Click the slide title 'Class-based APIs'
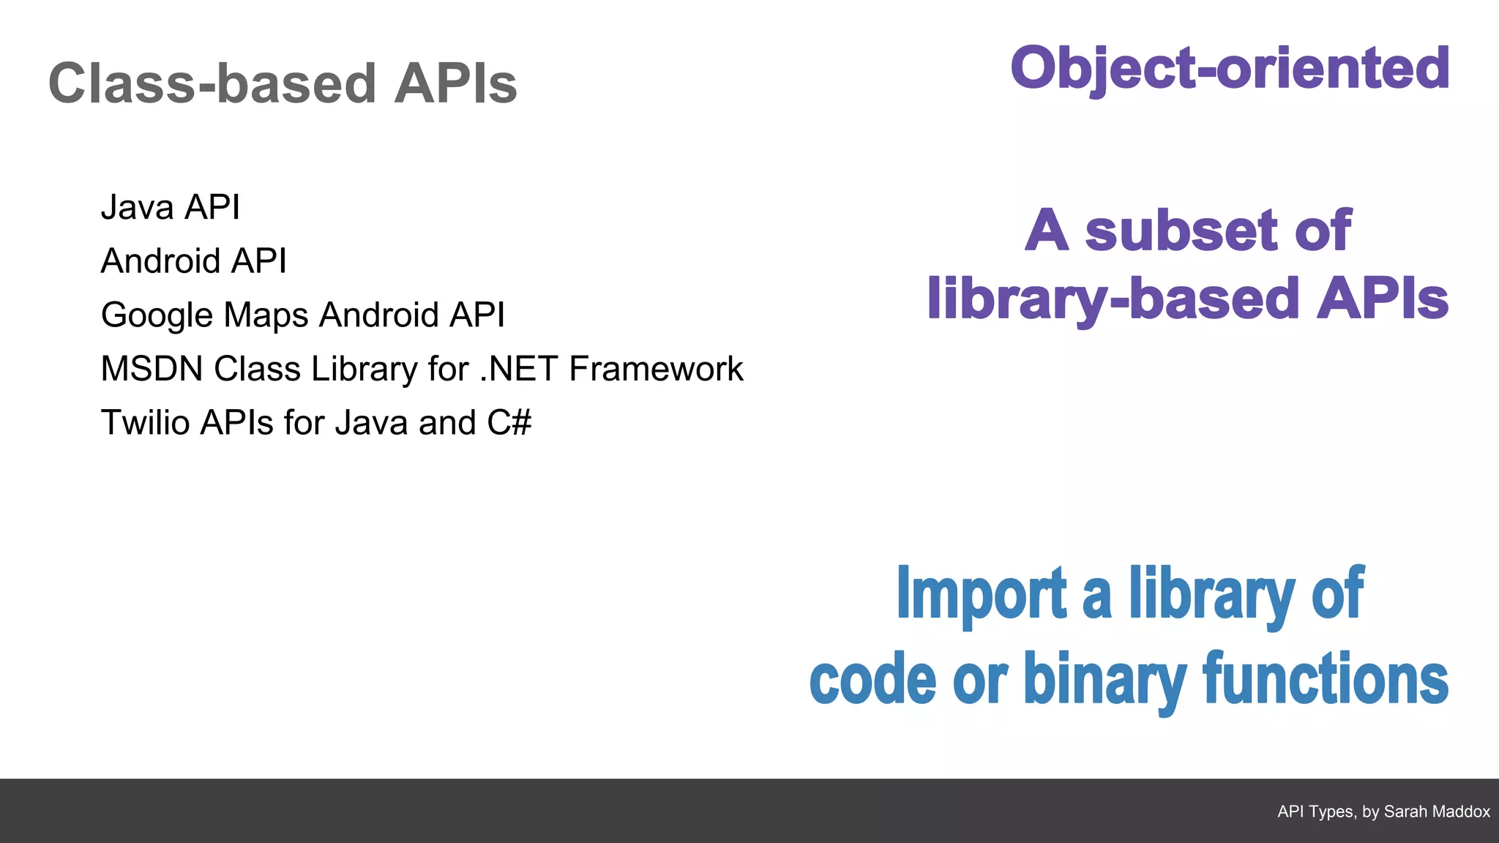click(283, 83)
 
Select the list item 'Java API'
click(171, 207)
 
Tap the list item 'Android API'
click(194, 261)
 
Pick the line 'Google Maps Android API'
click(303, 315)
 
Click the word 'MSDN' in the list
click(152, 369)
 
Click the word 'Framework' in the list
click(656, 369)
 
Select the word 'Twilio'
click(145, 423)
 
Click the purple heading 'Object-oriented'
click(1230, 68)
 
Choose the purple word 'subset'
click(1182, 231)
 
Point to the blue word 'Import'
click(982, 594)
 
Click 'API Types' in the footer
click(1315, 812)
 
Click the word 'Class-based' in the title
click(212, 83)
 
